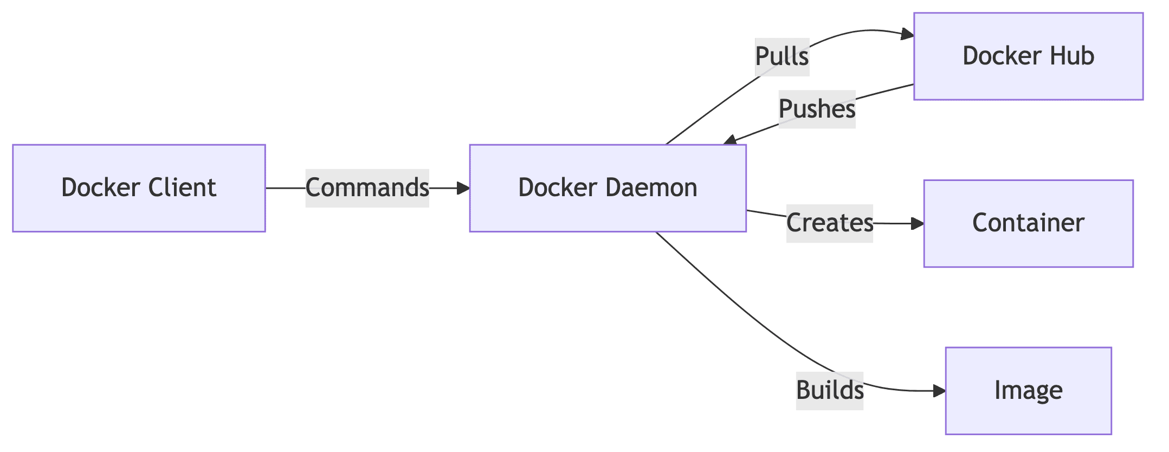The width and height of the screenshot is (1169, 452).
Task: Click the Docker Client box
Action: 139,188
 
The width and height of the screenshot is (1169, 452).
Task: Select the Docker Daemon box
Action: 608,188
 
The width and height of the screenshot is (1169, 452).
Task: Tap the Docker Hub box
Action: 1028,56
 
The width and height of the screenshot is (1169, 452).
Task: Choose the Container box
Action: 1028,223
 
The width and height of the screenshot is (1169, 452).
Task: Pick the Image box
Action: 1028,390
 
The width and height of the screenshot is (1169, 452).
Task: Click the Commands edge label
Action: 367,188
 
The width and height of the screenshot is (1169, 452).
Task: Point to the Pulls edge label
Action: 782,57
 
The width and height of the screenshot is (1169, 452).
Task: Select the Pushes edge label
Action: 817,109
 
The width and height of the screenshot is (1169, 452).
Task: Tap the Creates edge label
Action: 830,223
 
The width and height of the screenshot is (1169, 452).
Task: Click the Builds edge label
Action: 830,390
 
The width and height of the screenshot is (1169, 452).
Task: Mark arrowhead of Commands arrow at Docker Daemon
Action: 463,188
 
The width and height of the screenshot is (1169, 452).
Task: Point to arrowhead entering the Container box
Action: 918,223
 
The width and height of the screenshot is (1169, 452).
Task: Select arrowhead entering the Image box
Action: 939,391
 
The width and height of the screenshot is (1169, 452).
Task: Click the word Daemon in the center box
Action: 651,188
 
